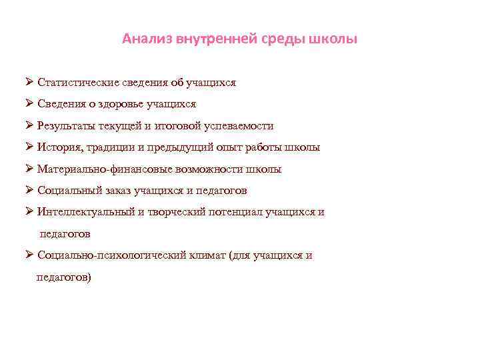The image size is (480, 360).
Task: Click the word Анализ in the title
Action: (x=147, y=39)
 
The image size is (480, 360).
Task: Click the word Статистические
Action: (x=79, y=83)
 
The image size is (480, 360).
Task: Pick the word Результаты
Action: (x=69, y=126)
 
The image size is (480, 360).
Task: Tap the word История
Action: (x=60, y=147)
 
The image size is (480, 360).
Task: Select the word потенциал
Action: (x=237, y=212)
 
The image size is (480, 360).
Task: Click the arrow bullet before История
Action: (x=29, y=147)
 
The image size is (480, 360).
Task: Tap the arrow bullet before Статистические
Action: (x=29, y=82)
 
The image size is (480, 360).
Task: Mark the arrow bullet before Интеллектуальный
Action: (x=29, y=211)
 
